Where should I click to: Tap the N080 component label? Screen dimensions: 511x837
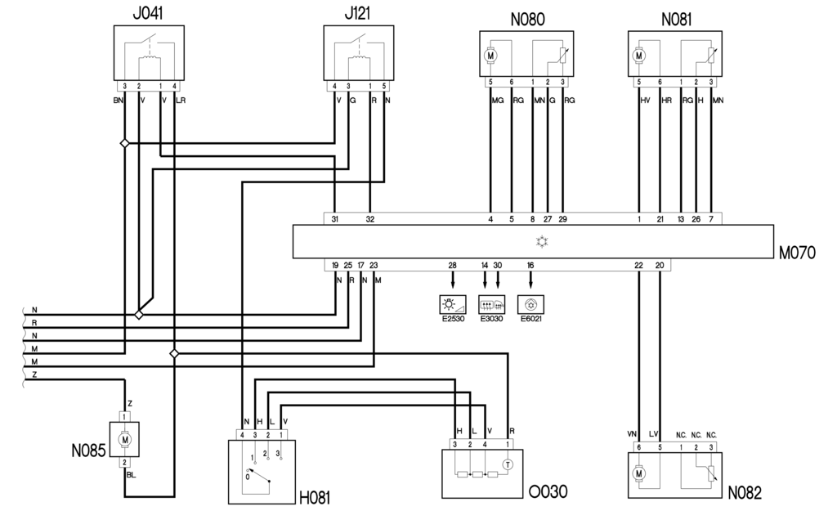[x=526, y=19]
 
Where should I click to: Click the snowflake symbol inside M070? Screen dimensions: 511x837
[x=539, y=241]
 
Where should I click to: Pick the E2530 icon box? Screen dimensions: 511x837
[x=453, y=306]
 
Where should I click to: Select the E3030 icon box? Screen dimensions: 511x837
[x=491, y=306]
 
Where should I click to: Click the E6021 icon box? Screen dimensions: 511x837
[x=530, y=306]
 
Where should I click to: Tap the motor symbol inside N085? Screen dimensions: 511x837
[x=126, y=439]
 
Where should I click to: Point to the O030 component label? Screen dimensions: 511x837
[x=548, y=492]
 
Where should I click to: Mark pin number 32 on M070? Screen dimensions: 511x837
[x=370, y=219]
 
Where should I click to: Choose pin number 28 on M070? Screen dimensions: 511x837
[x=452, y=266]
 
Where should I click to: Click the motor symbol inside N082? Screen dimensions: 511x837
[x=639, y=473]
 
